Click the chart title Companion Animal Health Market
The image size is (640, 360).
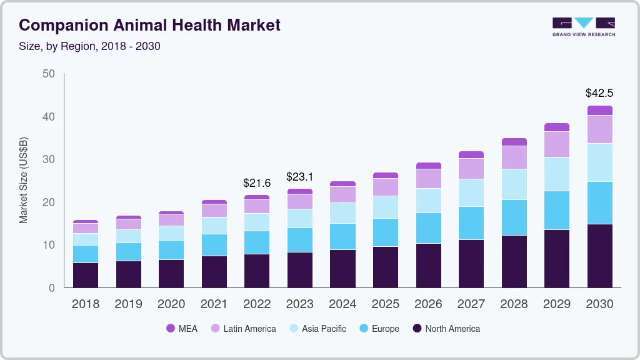(x=149, y=26)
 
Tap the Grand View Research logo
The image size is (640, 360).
(x=583, y=27)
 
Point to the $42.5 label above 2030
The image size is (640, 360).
(x=599, y=93)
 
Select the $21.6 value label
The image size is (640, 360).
(x=257, y=183)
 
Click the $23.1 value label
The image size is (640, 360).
(x=300, y=177)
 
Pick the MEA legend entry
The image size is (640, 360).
(x=182, y=328)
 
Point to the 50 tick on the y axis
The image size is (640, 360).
(x=48, y=74)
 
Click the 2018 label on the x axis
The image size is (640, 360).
(x=86, y=304)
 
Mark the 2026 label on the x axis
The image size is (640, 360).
(x=428, y=304)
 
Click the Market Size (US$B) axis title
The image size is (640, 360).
(x=24, y=180)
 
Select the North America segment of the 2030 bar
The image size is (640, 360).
(x=600, y=256)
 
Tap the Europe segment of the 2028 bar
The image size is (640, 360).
(x=514, y=217)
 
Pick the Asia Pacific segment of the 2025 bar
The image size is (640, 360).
(x=386, y=207)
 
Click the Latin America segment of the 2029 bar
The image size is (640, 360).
(x=557, y=144)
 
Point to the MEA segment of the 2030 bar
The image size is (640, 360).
(x=600, y=111)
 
